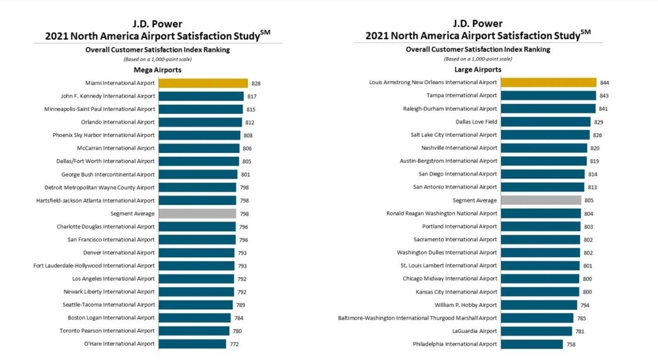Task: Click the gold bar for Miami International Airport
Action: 203,83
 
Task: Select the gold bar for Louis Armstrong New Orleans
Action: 548,82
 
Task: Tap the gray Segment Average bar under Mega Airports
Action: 197,213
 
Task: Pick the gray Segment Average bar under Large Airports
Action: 541,201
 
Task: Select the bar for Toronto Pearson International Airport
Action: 194,331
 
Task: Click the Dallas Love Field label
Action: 476,122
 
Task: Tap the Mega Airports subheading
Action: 157,69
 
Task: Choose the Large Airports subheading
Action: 477,69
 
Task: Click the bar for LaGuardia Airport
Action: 537,331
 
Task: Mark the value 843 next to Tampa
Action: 604,96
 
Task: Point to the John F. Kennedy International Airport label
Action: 108,96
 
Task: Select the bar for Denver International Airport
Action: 197,253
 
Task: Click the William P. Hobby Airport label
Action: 466,305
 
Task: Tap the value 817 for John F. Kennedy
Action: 251,96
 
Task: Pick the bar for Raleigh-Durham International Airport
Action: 547,109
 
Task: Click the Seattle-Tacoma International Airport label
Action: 109,305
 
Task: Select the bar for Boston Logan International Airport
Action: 195,318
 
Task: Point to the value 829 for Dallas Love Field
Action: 599,122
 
